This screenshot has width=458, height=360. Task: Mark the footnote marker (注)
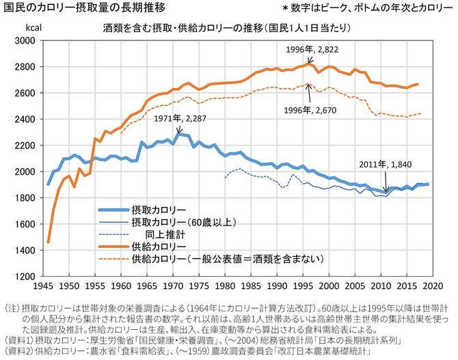pos(12,307)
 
